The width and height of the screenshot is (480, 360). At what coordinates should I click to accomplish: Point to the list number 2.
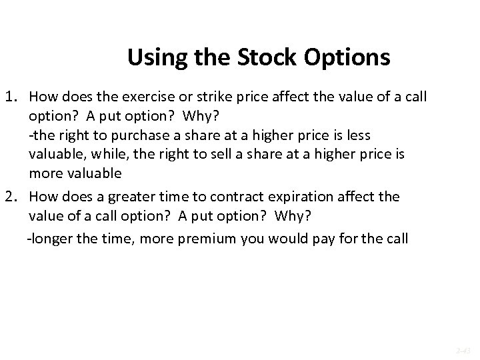13,197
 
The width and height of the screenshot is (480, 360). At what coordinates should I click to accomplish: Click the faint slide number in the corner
464,349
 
